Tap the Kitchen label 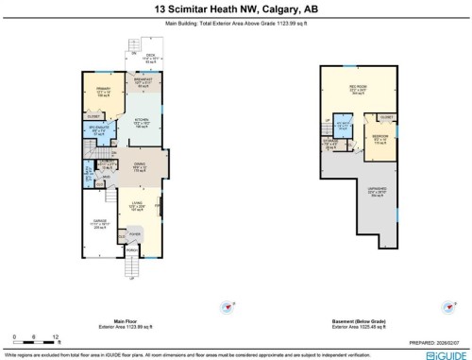click(x=141, y=124)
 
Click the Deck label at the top click(x=149, y=58)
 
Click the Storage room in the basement click(x=329, y=144)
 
